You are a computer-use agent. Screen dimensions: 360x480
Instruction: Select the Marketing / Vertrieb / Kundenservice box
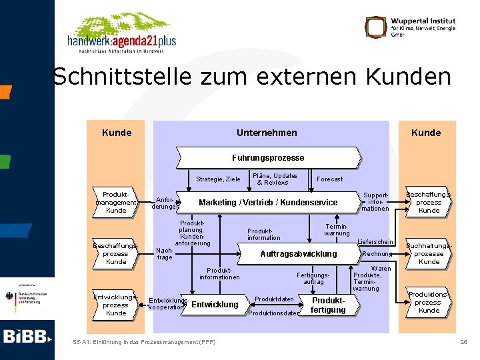[268, 203]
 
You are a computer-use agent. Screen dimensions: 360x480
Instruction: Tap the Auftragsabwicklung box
[298, 254]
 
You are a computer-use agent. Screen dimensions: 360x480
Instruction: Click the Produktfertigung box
[328, 305]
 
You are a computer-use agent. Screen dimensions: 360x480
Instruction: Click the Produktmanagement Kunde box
[116, 202]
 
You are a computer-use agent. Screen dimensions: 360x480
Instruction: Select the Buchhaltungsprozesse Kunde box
[429, 253]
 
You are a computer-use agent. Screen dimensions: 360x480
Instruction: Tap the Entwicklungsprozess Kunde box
[116, 305]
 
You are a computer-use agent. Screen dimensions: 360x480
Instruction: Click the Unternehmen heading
[267, 133]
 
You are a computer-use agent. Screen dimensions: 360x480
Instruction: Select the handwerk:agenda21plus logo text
[121, 41]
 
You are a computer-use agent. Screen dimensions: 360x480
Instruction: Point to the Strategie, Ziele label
[218, 179]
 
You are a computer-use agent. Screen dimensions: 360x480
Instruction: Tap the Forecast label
[330, 179]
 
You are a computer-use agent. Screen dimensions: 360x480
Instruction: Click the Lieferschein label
[375, 241]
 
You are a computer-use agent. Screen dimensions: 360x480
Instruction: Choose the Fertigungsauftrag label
[313, 277]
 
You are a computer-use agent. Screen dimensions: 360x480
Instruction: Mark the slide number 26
[463, 342]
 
